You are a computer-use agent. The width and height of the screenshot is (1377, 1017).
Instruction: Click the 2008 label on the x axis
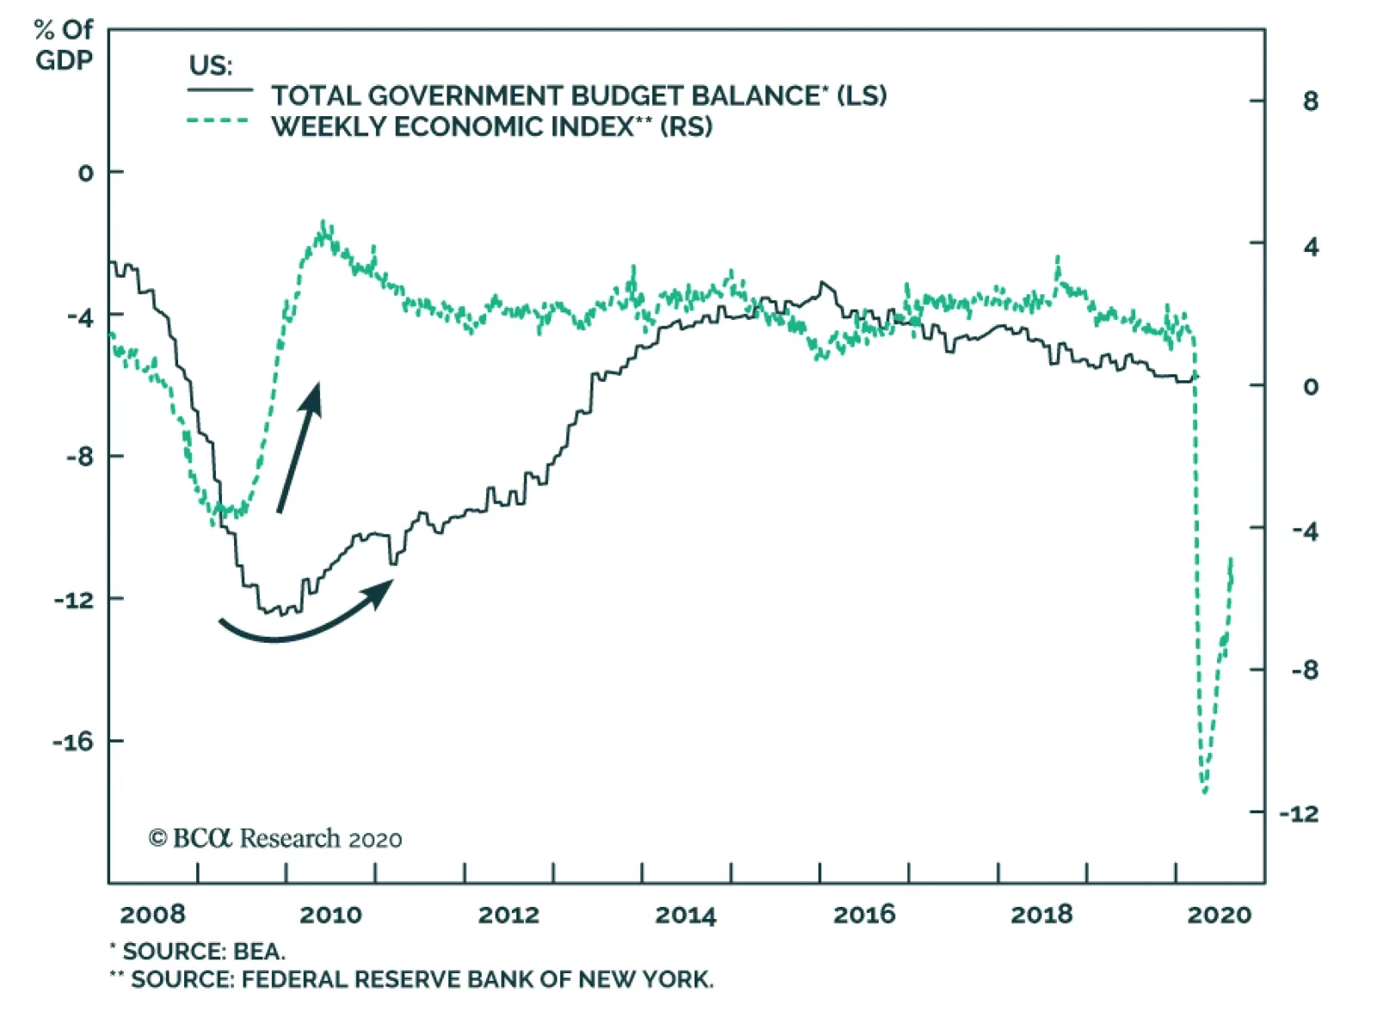point(152,915)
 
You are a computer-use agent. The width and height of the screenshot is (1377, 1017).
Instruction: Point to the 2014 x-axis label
point(685,915)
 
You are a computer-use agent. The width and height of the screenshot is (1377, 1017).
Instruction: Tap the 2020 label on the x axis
point(1219,915)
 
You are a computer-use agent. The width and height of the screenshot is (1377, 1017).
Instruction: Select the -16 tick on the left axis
point(73,742)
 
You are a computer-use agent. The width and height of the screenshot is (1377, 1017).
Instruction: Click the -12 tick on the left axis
point(73,600)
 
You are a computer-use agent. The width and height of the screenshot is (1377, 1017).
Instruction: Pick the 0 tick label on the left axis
point(85,173)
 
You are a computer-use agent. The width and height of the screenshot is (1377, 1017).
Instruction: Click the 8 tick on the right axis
point(1310,102)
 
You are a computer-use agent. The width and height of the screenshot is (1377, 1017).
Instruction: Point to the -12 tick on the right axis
point(1299,813)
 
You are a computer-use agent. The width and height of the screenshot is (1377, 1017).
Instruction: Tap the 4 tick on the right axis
point(1310,248)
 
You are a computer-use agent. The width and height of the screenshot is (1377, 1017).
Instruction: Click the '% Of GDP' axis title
point(64,45)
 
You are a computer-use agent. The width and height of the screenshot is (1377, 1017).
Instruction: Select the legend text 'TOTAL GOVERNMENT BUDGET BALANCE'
point(546,96)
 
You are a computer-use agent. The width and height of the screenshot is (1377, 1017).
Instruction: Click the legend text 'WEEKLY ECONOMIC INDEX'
point(453,126)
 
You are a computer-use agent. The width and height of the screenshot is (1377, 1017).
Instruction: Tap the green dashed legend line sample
point(219,121)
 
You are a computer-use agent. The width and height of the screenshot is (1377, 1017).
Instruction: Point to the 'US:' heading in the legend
point(210,65)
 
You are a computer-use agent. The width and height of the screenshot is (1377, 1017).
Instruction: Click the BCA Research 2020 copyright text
point(275,839)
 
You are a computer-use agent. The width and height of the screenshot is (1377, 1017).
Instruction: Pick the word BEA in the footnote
point(258,952)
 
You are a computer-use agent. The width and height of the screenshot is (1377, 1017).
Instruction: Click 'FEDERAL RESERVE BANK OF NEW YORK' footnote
point(477,980)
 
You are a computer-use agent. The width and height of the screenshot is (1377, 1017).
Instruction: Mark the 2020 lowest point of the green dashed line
point(1204,792)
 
